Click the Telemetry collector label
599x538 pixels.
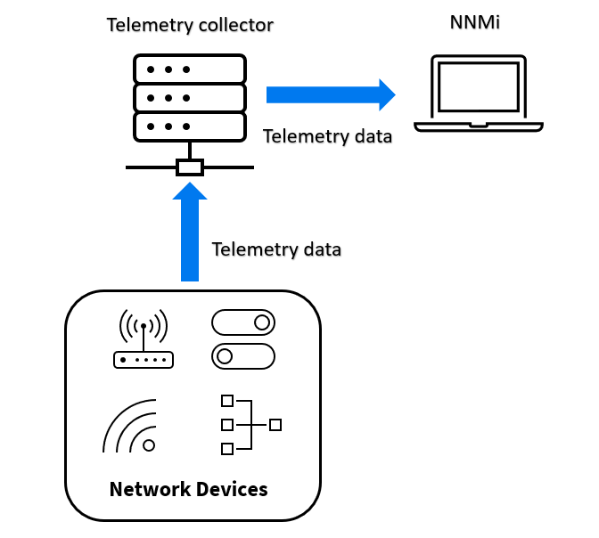tap(189, 25)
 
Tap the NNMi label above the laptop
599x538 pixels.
tap(474, 22)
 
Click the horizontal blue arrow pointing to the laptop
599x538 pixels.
tap(331, 94)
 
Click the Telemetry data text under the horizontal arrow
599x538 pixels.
tap(327, 137)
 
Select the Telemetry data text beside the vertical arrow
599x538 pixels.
tap(276, 249)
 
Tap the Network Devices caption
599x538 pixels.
tap(188, 489)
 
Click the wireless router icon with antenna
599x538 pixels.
tap(143, 339)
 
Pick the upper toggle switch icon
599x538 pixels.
tap(243, 322)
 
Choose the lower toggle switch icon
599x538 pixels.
tap(243, 356)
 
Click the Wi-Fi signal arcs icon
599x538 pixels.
tap(132, 427)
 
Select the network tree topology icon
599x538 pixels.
tap(250, 425)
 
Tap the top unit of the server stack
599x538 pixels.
tap(189, 69)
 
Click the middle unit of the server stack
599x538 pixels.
tap(189, 96)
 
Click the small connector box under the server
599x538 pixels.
tap(190, 167)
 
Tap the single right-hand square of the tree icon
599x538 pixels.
tap(275, 425)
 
